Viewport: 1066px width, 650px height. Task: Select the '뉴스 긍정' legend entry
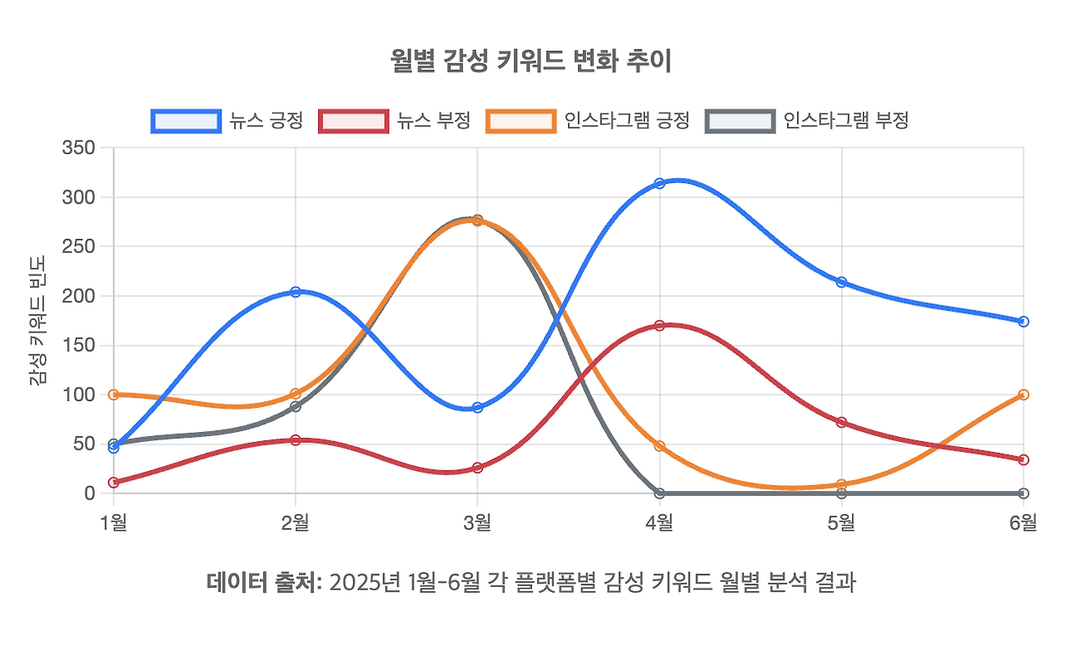pos(226,121)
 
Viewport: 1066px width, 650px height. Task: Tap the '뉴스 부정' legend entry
pos(395,121)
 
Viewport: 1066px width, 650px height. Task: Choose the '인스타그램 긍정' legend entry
pos(588,121)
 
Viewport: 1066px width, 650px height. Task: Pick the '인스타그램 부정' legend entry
pos(806,121)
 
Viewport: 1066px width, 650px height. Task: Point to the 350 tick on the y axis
pos(79,148)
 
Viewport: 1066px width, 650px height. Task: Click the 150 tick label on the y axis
pos(79,345)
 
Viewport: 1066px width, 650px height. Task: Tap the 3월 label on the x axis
pos(477,523)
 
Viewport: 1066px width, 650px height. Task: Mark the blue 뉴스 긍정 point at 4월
pos(660,183)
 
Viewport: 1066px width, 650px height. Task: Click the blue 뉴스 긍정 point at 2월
pos(296,292)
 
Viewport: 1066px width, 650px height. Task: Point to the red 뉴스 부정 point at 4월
pos(660,325)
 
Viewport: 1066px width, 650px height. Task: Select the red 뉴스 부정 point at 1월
pos(113,483)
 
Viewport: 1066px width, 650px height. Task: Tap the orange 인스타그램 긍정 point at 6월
pos(1024,394)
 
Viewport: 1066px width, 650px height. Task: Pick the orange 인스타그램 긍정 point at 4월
pos(660,446)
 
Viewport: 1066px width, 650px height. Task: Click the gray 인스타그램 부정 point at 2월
pos(296,406)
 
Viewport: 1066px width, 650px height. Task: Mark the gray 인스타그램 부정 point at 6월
pos(1024,494)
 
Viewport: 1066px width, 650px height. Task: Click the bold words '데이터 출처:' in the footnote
pos(263,583)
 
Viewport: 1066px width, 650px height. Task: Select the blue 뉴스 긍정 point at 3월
pos(477,408)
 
